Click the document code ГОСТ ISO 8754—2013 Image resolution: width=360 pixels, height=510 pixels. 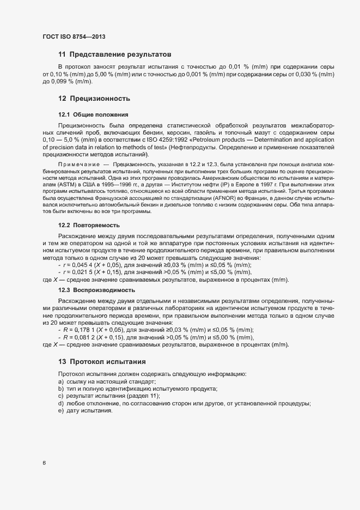74,37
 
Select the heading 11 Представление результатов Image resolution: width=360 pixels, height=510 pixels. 115,55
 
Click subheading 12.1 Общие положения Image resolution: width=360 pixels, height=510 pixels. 93,114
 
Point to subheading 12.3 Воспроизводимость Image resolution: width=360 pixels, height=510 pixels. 96,290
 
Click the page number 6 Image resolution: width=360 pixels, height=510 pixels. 44,463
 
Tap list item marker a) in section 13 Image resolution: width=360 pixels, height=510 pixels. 60,381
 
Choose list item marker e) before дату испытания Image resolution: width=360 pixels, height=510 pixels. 60,410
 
